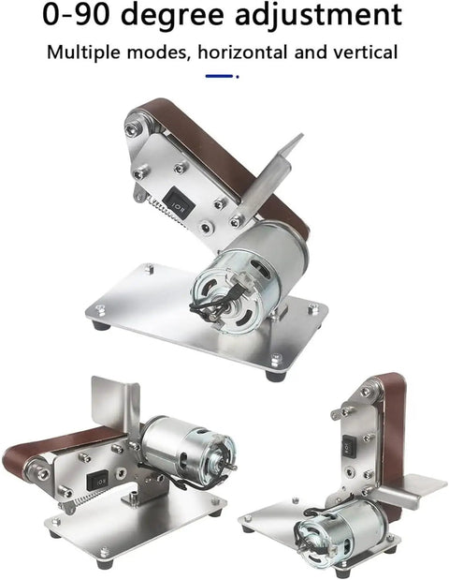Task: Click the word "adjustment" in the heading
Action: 318,14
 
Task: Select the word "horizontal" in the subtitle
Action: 242,52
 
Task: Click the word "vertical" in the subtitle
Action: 366,52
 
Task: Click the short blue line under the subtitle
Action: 220,76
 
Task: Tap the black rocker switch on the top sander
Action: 179,202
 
